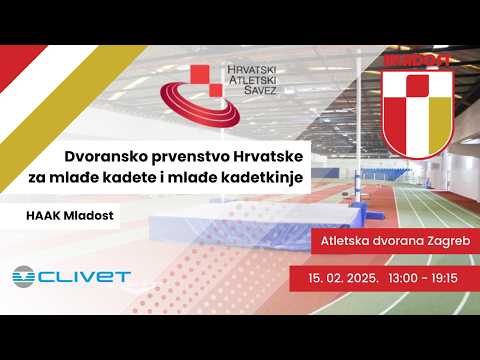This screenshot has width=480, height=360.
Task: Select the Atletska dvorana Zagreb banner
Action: point(394,241)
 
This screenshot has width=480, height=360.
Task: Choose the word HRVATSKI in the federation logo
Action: point(244,70)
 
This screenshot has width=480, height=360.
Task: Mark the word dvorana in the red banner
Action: point(395,241)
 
